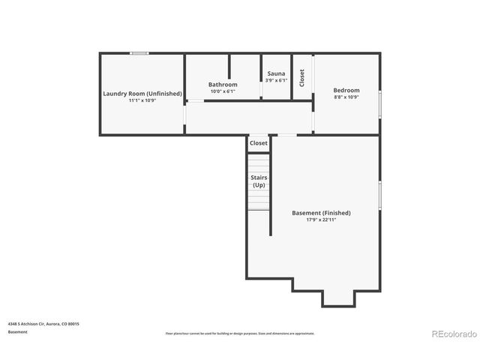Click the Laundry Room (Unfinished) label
(142, 93)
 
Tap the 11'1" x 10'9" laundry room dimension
(142, 100)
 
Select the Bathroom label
(223, 85)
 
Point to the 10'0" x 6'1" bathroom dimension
(223, 91)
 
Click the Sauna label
(276, 73)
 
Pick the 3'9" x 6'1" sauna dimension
(276, 80)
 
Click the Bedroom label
(346, 90)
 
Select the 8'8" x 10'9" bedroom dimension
(346, 97)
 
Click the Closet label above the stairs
(259, 142)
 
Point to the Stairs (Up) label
(258, 181)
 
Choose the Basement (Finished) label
(321, 213)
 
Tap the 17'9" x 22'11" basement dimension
(321, 220)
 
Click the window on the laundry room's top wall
(139, 53)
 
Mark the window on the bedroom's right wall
(380, 103)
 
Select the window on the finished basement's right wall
(380, 195)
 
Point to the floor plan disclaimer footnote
(240, 333)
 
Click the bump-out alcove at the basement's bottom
(337, 298)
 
